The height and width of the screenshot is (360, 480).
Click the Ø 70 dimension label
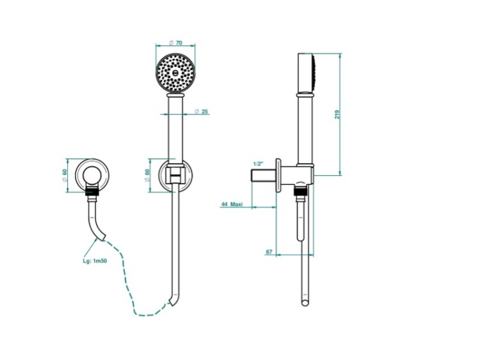click(x=175, y=42)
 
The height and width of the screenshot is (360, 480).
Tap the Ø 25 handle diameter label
click(x=201, y=111)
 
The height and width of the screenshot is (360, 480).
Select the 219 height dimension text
click(x=337, y=114)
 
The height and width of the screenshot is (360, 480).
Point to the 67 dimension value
click(x=269, y=252)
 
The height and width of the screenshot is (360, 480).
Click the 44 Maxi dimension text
click(x=232, y=204)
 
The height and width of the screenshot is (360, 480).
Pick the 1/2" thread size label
click(x=259, y=164)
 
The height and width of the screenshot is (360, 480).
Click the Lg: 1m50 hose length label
click(x=95, y=261)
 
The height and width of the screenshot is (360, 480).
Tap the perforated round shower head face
click(x=175, y=72)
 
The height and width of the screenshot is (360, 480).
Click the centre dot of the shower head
click(x=175, y=72)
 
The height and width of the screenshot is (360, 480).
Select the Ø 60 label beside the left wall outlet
click(x=64, y=176)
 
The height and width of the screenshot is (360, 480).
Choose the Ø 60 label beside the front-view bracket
click(x=147, y=176)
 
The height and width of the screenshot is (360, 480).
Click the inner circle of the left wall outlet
click(x=92, y=176)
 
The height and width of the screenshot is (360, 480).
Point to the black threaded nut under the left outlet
click(x=92, y=191)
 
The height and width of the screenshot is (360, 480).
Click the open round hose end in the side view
click(x=305, y=304)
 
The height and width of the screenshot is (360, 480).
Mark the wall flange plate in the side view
click(x=278, y=175)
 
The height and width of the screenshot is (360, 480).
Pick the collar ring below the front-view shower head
click(x=176, y=96)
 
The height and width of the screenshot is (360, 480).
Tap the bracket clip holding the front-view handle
click(x=176, y=175)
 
